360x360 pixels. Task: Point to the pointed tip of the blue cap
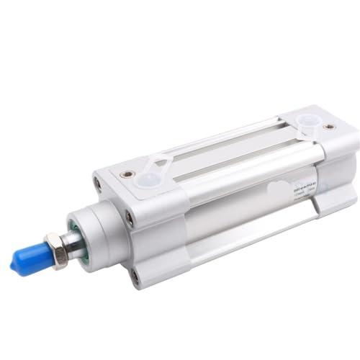coord(14,267)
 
